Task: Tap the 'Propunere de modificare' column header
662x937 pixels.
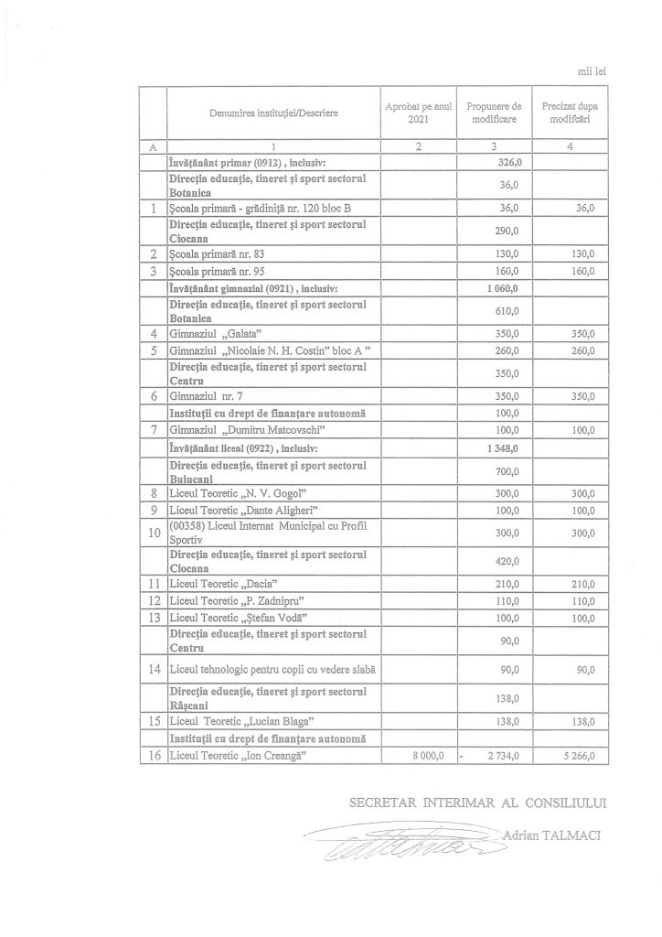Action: pyautogui.click(x=493, y=113)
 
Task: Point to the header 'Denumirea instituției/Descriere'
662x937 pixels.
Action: pyautogui.click(x=272, y=113)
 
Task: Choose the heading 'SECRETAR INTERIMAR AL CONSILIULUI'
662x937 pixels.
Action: pyautogui.click(x=478, y=802)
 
